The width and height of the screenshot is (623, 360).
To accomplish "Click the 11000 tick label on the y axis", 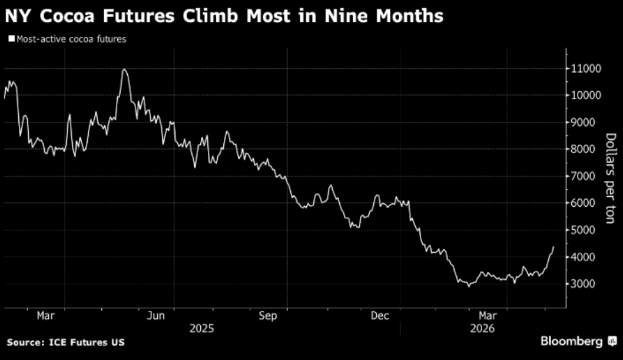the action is (586, 69).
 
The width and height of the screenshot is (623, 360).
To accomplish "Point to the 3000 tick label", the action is (584, 284).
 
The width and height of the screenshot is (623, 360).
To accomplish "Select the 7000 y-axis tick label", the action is (584, 176).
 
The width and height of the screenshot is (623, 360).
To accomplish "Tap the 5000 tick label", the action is (584, 230).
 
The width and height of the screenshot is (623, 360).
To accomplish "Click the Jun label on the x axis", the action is (155, 316).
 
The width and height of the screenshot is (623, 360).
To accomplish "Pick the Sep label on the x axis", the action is (268, 316).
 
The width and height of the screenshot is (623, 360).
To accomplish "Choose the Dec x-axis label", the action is (380, 316).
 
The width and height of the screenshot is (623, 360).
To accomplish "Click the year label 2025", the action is (202, 329).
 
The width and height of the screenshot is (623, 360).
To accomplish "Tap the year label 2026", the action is (482, 329).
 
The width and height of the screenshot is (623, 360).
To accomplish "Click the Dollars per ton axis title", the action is (610, 179).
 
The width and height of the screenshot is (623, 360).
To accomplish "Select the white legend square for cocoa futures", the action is (12, 38).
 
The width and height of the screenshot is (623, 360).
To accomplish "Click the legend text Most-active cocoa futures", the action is (71, 39).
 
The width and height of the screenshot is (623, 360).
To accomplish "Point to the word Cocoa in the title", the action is (67, 16).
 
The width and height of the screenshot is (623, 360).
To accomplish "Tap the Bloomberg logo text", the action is (571, 341).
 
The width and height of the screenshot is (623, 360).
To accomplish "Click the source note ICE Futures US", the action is (87, 342).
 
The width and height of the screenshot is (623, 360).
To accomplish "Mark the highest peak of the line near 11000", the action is (124, 69).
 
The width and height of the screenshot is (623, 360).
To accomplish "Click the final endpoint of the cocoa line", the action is (553, 247).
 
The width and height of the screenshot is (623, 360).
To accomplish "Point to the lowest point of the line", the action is (469, 286).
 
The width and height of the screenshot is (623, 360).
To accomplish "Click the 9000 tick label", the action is (584, 123).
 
